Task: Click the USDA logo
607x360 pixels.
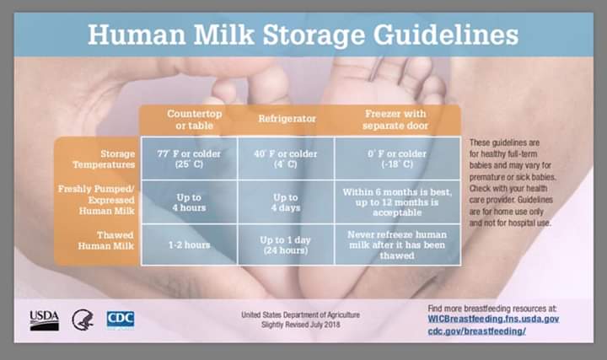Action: (45, 320)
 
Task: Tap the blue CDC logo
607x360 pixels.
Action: (121, 320)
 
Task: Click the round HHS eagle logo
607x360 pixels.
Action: (83, 320)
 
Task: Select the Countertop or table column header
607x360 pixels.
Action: (195, 120)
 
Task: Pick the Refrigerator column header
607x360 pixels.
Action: (287, 118)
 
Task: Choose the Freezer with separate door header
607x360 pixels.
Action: (395, 120)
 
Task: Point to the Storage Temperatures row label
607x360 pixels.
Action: (104, 159)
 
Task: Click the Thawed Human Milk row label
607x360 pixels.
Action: (105, 240)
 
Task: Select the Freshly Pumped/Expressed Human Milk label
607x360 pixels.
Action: (96, 200)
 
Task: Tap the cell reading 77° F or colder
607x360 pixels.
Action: (189, 159)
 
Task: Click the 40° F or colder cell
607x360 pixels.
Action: (286, 159)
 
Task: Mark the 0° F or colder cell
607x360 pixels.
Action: (397, 159)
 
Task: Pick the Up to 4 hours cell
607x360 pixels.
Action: (189, 202)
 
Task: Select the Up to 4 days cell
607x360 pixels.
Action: (286, 202)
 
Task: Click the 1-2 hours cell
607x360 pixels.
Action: (189, 245)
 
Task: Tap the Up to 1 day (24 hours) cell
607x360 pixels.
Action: (286, 245)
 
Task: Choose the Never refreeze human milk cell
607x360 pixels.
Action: (397, 245)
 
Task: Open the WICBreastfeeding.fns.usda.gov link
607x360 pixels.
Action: (493, 320)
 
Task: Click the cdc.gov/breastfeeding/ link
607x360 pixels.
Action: (476, 331)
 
